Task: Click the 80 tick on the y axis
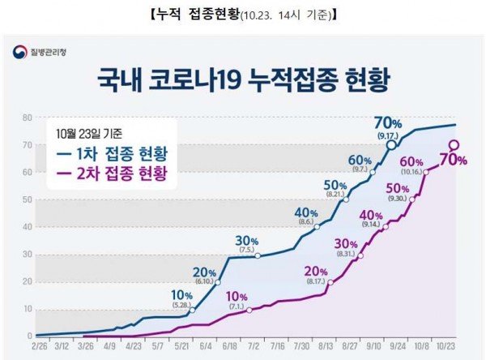tap(26, 118)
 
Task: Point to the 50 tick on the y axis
tap(26, 200)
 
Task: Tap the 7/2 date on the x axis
tap(254, 345)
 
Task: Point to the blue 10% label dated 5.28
tap(184, 294)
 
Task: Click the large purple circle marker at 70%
tap(454, 146)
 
